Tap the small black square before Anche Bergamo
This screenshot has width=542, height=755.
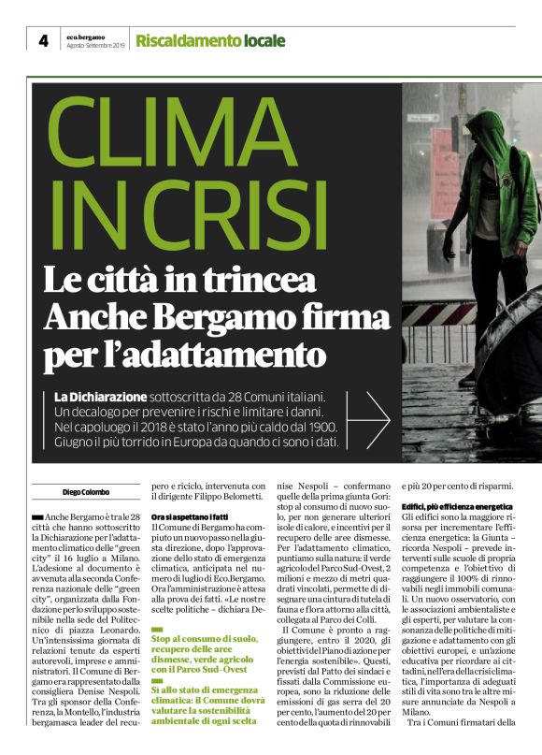coord(37,516)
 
